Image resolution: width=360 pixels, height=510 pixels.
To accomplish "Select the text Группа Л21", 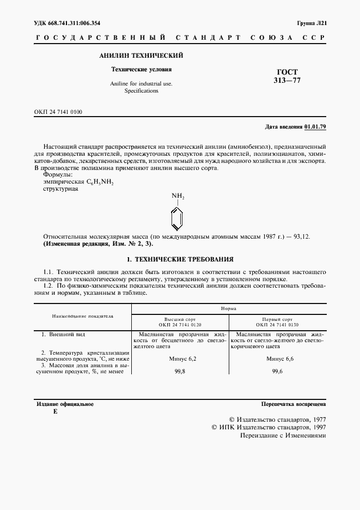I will pyautogui.click(x=311, y=23).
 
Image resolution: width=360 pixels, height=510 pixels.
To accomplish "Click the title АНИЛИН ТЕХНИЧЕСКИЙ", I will pyautogui.click(x=141, y=56).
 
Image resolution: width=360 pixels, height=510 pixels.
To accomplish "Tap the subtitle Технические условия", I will pyautogui.click(x=141, y=70).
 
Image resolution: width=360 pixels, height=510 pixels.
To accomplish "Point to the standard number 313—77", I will pyautogui.click(x=286, y=81).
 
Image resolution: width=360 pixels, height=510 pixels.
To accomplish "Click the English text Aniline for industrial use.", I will pyautogui.click(x=141, y=83).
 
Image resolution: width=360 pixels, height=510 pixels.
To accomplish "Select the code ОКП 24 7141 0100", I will pyautogui.click(x=58, y=112).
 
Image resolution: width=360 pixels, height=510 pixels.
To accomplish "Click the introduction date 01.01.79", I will pyautogui.click(x=315, y=126).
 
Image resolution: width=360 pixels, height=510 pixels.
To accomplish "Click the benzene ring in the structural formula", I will pyautogui.click(x=178, y=218).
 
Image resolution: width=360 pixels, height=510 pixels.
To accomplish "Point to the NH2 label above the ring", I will pyautogui.click(x=178, y=196).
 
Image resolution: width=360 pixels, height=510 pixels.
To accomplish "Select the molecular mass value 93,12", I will pyautogui.click(x=301, y=238).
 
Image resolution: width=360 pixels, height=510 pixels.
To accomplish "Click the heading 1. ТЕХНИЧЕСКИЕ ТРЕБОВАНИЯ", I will pyautogui.click(x=180, y=259).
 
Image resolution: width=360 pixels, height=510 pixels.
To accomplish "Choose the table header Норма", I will pyautogui.click(x=228, y=308).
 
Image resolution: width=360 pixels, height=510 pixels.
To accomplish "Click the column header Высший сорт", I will pyautogui.click(x=180, y=320).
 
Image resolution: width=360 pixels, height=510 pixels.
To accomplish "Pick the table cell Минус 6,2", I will pyautogui.click(x=180, y=359).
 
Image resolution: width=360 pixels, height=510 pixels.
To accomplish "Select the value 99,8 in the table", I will pyautogui.click(x=180, y=372).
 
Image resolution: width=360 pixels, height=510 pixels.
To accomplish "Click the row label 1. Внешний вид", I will pyautogui.click(x=63, y=333).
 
